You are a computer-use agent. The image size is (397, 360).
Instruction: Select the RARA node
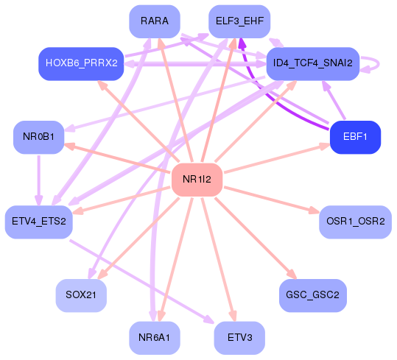pos(155,21)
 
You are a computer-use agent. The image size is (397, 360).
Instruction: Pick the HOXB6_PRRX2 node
pos(81,63)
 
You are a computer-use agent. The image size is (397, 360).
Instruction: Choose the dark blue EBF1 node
pos(355,136)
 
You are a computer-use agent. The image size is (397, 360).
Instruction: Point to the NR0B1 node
pos(38,137)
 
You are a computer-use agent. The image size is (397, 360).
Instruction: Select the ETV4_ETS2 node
pos(38,221)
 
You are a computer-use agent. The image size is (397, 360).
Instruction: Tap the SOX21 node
pos(81,295)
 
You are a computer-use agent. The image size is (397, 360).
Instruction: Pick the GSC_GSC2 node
pos(312,295)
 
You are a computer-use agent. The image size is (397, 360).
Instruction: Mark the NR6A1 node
pos(154,338)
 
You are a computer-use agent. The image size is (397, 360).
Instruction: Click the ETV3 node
pos(239,338)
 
